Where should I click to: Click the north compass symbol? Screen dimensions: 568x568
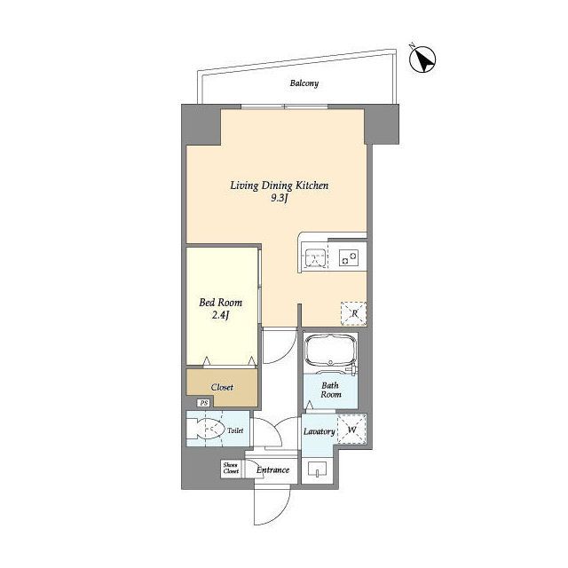tap(422, 59)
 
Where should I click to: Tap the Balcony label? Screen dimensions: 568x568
tap(304, 83)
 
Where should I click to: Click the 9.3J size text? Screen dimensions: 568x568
tap(280, 198)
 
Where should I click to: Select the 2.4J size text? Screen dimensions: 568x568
tap(221, 315)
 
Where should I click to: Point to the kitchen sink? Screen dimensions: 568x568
tap(314, 257)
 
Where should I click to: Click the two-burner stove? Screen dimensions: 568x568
tap(349, 258)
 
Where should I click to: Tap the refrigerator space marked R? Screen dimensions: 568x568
tap(353, 313)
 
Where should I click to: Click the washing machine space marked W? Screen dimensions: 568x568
tap(351, 430)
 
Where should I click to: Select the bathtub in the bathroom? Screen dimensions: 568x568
tap(329, 351)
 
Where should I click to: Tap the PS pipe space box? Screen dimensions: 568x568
tap(204, 403)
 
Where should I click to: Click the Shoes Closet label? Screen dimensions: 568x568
tap(231, 468)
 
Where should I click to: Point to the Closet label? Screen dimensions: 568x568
tap(222, 387)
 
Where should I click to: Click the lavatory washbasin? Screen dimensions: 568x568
tap(317, 469)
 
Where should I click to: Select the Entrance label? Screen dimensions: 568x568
tap(272, 470)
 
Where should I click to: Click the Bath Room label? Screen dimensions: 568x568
tap(330, 390)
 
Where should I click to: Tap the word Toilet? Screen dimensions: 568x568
tap(235, 430)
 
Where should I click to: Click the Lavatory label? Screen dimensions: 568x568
tap(319, 431)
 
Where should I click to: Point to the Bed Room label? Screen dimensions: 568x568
tap(221, 303)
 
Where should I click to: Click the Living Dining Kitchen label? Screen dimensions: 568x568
tap(280, 185)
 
